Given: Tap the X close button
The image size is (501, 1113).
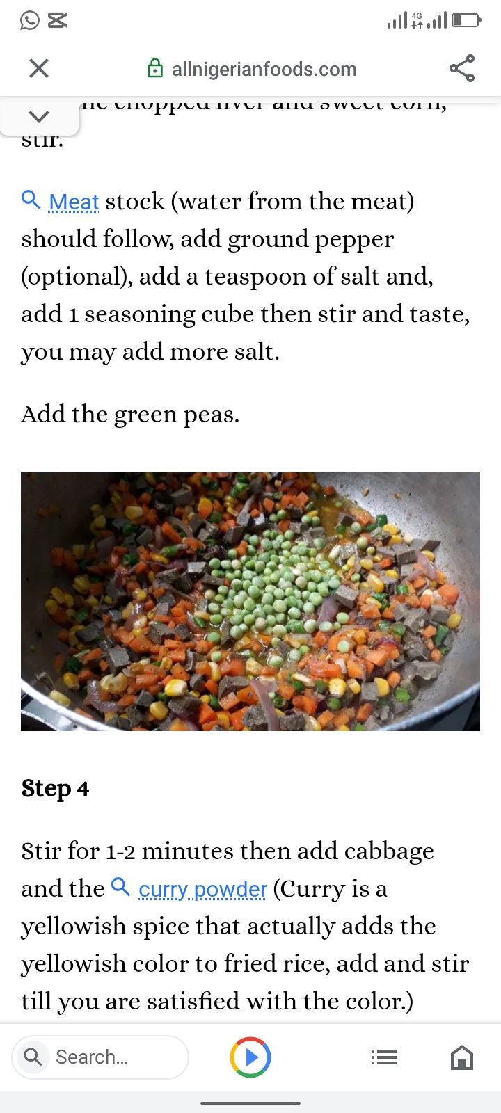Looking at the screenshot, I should tap(39, 68).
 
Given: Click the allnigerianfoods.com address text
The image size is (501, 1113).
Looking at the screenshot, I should tap(264, 70).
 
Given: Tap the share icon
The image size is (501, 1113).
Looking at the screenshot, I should tap(462, 68).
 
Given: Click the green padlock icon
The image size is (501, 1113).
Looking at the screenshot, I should tap(155, 69).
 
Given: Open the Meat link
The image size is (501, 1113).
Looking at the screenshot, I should tap(74, 202).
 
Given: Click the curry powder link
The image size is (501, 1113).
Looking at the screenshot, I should tap(202, 889).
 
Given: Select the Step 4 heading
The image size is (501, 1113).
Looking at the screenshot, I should tap(55, 789).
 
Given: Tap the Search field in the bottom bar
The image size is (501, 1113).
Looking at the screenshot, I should tap(100, 1057).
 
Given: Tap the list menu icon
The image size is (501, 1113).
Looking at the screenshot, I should tap(384, 1058).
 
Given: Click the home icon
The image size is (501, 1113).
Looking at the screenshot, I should tap(462, 1058).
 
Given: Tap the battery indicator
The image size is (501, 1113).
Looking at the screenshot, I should tap(466, 21).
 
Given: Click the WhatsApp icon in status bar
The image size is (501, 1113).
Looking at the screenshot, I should tap(30, 21).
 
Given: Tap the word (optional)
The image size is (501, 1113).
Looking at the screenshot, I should tap(77, 277).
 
